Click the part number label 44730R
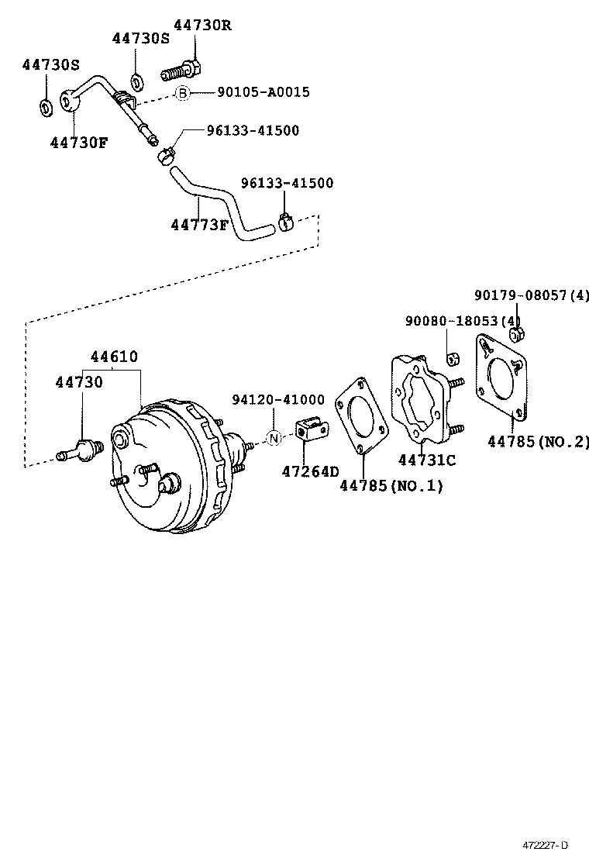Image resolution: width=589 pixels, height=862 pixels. [x=202, y=25]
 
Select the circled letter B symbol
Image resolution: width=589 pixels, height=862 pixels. [x=181, y=93]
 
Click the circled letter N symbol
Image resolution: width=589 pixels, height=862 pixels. [x=273, y=438]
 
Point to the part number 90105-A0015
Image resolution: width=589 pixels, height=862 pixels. [x=263, y=92]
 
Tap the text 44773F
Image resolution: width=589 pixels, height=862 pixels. [x=200, y=225]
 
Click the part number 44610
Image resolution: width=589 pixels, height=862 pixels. [x=114, y=357]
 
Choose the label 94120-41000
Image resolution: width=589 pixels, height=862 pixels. [x=278, y=399]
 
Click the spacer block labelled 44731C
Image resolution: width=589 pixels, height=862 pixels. [x=422, y=399]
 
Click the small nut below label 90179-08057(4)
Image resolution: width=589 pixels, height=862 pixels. [x=517, y=334]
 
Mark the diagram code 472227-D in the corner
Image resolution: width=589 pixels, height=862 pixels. [x=544, y=844]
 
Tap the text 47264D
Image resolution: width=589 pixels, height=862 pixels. [x=310, y=471]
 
